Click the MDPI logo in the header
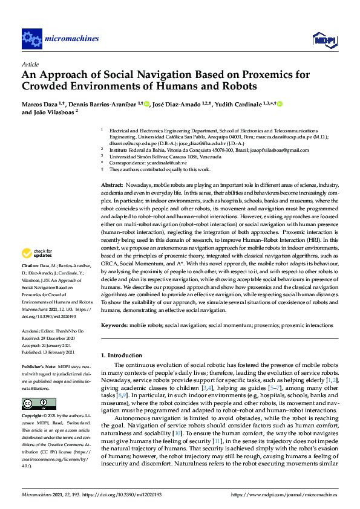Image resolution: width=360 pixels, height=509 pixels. tap(324, 39)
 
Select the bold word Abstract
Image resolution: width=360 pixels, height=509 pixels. tap(112, 184)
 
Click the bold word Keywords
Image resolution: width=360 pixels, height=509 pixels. tap(114, 325)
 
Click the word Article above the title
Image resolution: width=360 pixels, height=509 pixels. tap(30, 64)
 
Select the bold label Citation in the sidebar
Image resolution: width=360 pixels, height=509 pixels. tap(31, 282)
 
